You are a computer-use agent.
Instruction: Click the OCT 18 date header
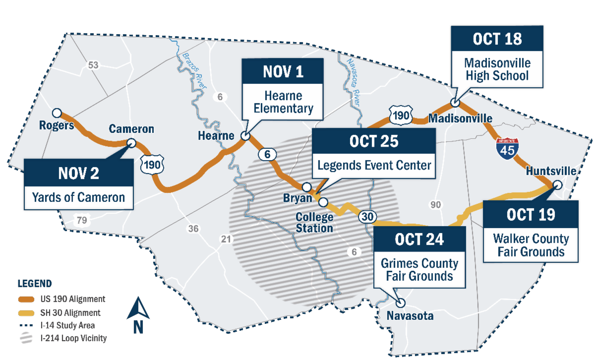point(497,39)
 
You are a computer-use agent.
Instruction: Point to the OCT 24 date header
point(419,240)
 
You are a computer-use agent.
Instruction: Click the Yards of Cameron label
point(78,197)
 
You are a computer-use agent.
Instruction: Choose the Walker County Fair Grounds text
point(531,245)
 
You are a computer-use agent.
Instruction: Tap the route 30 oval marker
point(366,217)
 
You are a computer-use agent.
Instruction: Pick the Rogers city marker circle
point(57,113)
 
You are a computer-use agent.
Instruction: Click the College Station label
point(314,223)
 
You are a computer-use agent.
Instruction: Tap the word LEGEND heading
point(34,284)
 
